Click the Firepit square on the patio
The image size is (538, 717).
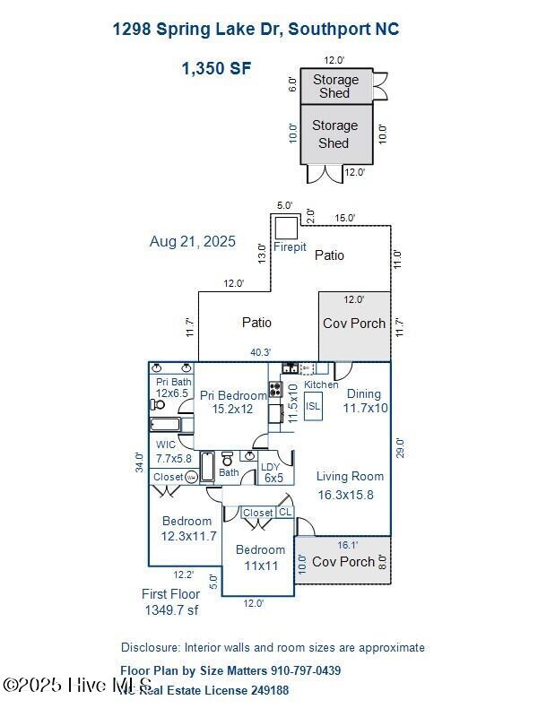(x=287, y=227)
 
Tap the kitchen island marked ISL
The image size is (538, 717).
(x=313, y=406)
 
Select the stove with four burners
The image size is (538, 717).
(x=276, y=390)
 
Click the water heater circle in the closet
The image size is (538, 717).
(x=191, y=478)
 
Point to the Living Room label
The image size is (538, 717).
(x=350, y=477)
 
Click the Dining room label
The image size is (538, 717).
(x=364, y=393)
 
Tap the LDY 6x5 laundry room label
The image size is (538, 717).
(x=272, y=472)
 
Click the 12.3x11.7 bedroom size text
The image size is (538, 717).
(x=188, y=536)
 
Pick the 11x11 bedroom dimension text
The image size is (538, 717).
(x=260, y=566)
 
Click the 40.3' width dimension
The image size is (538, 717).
(x=260, y=353)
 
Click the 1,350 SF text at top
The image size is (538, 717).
(x=217, y=68)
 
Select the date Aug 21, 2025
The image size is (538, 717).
(x=193, y=241)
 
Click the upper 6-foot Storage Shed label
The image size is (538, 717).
(x=335, y=87)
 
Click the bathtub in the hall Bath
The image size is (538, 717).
(x=207, y=466)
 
